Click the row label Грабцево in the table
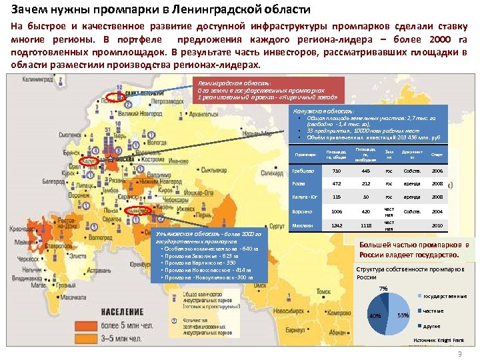pos(301,171)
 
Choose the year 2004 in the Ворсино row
pos(437,211)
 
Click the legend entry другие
pos(432,326)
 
